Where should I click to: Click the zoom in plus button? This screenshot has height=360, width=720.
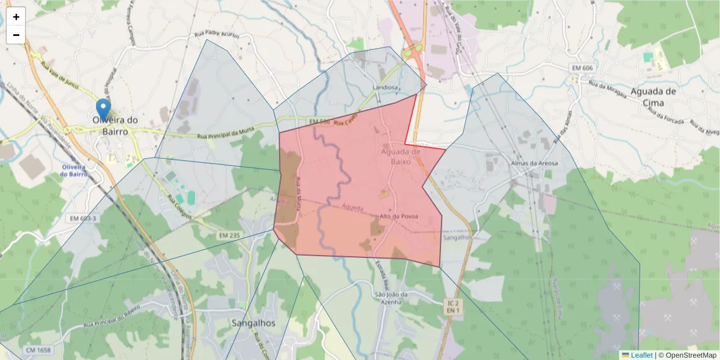[16, 17]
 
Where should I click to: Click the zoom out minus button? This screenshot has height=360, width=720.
[16, 35]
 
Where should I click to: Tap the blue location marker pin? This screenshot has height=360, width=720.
[103, 110]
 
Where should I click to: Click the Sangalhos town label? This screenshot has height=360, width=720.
[253, 323]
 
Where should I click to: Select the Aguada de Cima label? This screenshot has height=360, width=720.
[653, 97]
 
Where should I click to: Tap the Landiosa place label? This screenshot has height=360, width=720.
[385, 87]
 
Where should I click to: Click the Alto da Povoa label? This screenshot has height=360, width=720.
[398, 216]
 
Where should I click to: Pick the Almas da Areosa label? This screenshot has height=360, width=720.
[534, 163]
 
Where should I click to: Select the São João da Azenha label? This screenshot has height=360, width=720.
[391, 298]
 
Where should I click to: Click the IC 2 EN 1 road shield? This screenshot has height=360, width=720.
[453, 307]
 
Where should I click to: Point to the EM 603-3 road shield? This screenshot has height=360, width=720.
[83, 218]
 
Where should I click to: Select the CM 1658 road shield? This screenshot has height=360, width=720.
[38, 349]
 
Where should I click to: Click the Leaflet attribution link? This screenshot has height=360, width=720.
[641, 355]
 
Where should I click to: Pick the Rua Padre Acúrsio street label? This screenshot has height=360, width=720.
[217, 35]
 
